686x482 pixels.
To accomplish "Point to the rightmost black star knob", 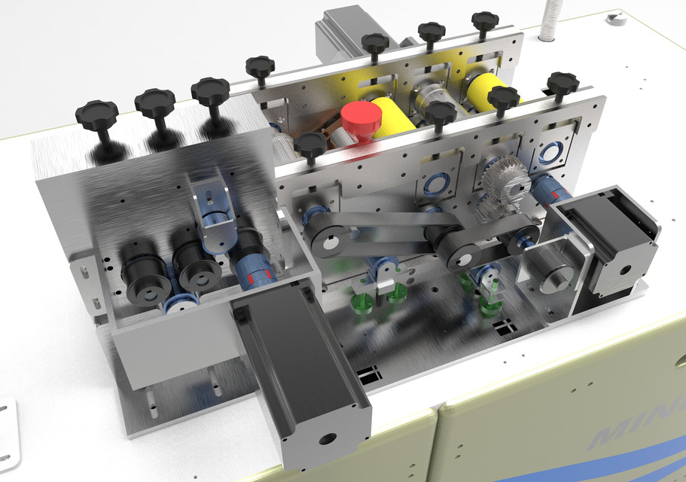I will (563, 82).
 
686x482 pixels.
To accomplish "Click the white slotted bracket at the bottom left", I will (7, 437).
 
